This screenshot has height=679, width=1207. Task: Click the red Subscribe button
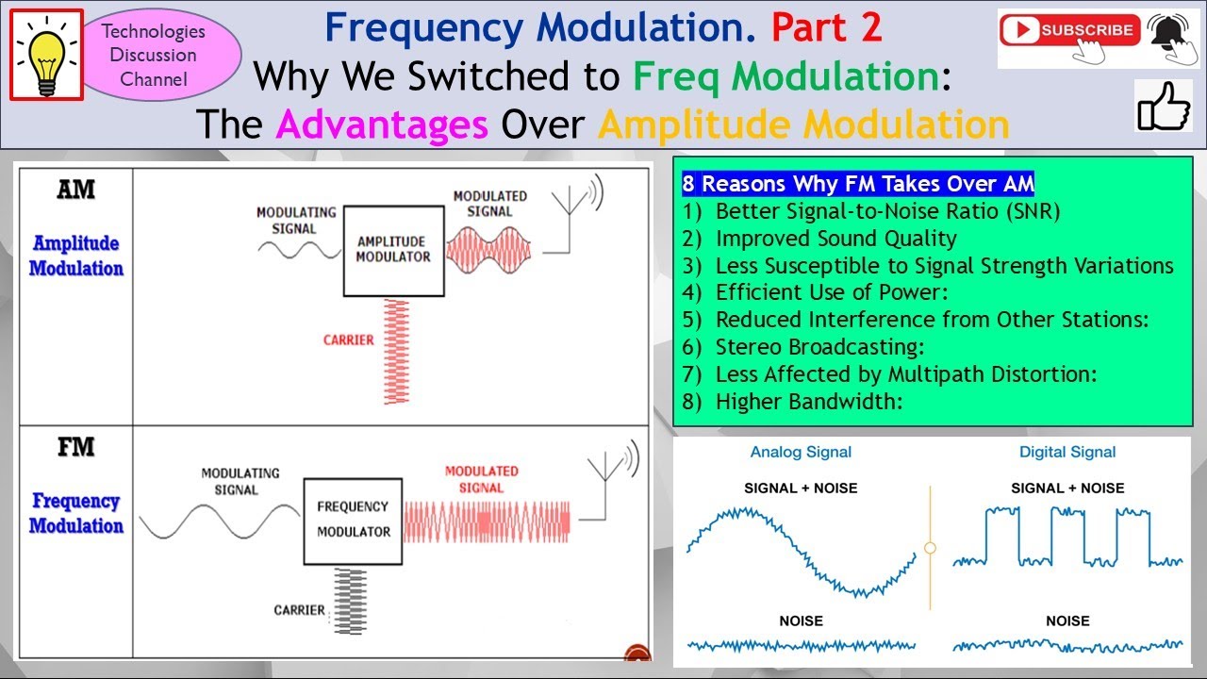[1069, 29]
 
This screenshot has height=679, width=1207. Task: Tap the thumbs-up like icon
[1164, 107]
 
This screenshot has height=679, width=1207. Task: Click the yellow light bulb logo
[47, 56]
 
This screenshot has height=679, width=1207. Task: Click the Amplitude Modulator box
[394, 251]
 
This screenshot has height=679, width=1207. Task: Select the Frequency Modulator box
[353, 522]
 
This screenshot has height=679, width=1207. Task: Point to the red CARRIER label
[348, 340]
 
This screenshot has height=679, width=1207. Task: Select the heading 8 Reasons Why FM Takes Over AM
[858, 184]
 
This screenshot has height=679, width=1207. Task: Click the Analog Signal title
[801, 452]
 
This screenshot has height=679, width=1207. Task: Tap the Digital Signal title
[1067, 452]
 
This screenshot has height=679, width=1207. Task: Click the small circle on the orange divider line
[930, 548]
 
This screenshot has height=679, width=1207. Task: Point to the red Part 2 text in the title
[827, 27]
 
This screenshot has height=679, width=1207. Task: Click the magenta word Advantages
[382, 124]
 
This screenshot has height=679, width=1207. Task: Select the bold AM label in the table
[76, 190]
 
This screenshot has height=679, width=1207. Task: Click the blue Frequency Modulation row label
[76, 513]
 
